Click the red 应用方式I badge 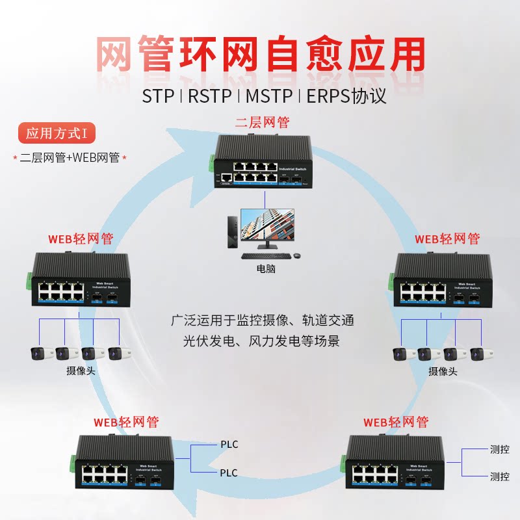tap(56, 134)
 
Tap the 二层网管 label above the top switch tap(261, 122)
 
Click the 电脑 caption tap(266, 268)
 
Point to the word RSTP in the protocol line tap(210, 96)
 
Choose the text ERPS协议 tap(346, 96)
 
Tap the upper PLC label tap(229, 445)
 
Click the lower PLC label tap(229, 473)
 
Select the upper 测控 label tap(499, 448)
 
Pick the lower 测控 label tap(499, 476)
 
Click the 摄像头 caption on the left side tap(80, 371)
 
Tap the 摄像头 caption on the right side tap(443, 372)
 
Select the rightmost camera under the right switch tap(478, 354)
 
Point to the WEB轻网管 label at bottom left tap(126, 422)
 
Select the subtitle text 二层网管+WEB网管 tap(70, 157)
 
